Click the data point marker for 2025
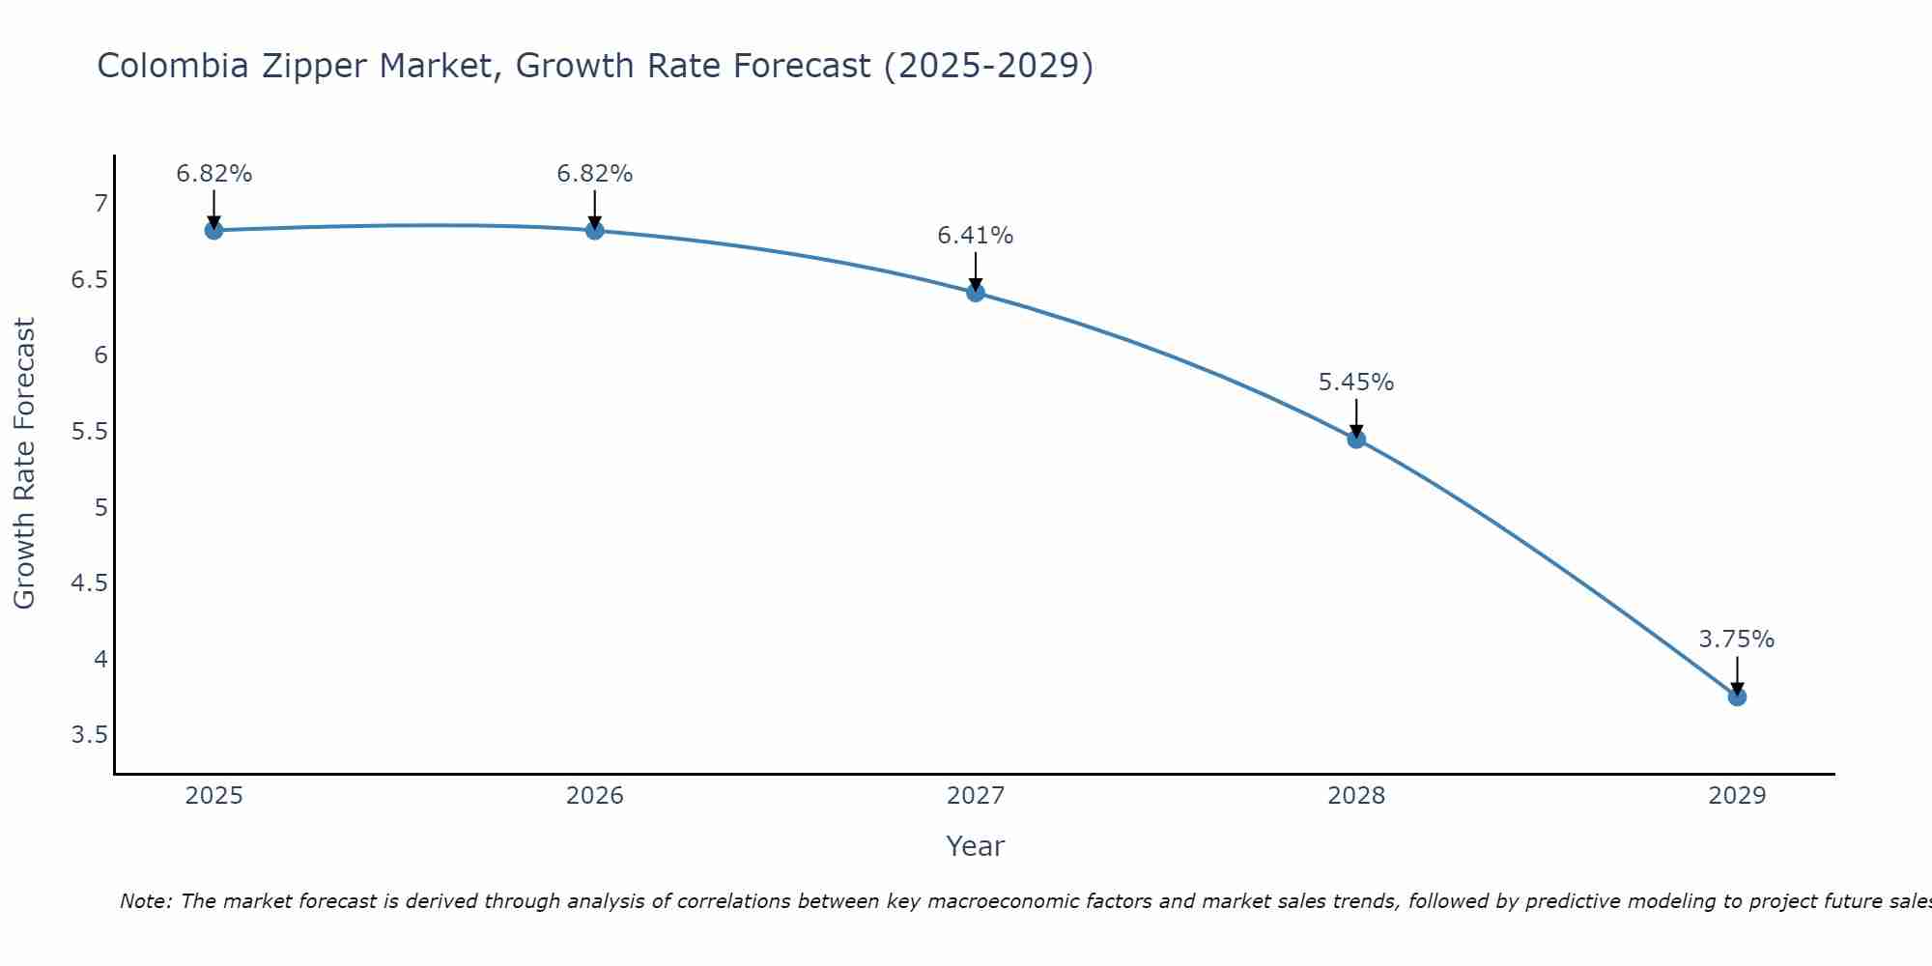coord(213,230)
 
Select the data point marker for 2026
coord(595,230)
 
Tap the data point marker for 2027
coord(976,292)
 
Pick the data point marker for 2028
coord(1356,439)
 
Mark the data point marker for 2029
coord(1737,696)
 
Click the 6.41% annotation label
coord(976,236)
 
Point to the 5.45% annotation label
coord(1356,383)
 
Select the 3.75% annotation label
coord(1737,639)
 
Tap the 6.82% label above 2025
coord(213,174)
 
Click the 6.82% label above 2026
coord(595,174)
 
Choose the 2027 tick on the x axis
coord(976,796)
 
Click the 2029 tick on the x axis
coord(1737,796)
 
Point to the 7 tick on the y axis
coord(100,204)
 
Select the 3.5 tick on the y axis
coord(89,735)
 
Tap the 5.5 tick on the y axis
coord(89,432)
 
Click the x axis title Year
coord(976,846)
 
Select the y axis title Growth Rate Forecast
coord(24,464)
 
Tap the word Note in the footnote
coord(145,901)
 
